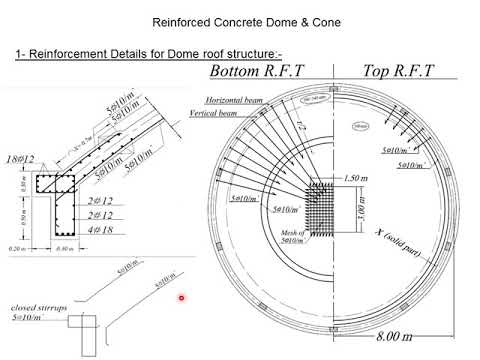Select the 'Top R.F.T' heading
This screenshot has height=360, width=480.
(x=385, y=72)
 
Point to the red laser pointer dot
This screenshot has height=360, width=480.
(x=181, y=297)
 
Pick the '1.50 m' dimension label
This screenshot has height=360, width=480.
(x=350, y=177)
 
